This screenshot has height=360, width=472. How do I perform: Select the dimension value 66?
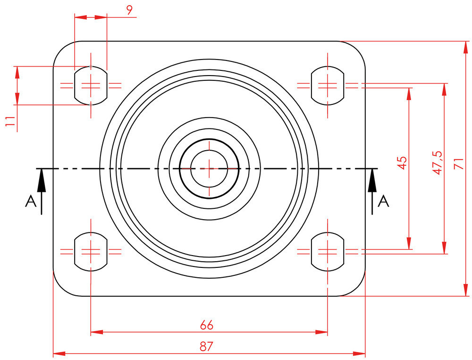coord(207,325)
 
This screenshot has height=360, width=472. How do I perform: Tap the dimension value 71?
coord(457,163)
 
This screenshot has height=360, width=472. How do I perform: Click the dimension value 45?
coord(402,163)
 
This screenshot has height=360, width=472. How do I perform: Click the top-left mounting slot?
coord(91,86)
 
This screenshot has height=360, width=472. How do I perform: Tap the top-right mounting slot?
coord(327,86)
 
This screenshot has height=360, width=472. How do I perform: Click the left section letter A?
coord(31,202)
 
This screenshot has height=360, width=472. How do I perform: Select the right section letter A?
coord(384,202)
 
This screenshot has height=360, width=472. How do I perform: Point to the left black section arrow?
coord(42,184)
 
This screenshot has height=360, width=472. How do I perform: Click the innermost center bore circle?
coord(209,168)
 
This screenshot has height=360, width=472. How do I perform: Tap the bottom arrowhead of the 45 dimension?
coord(409,243)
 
